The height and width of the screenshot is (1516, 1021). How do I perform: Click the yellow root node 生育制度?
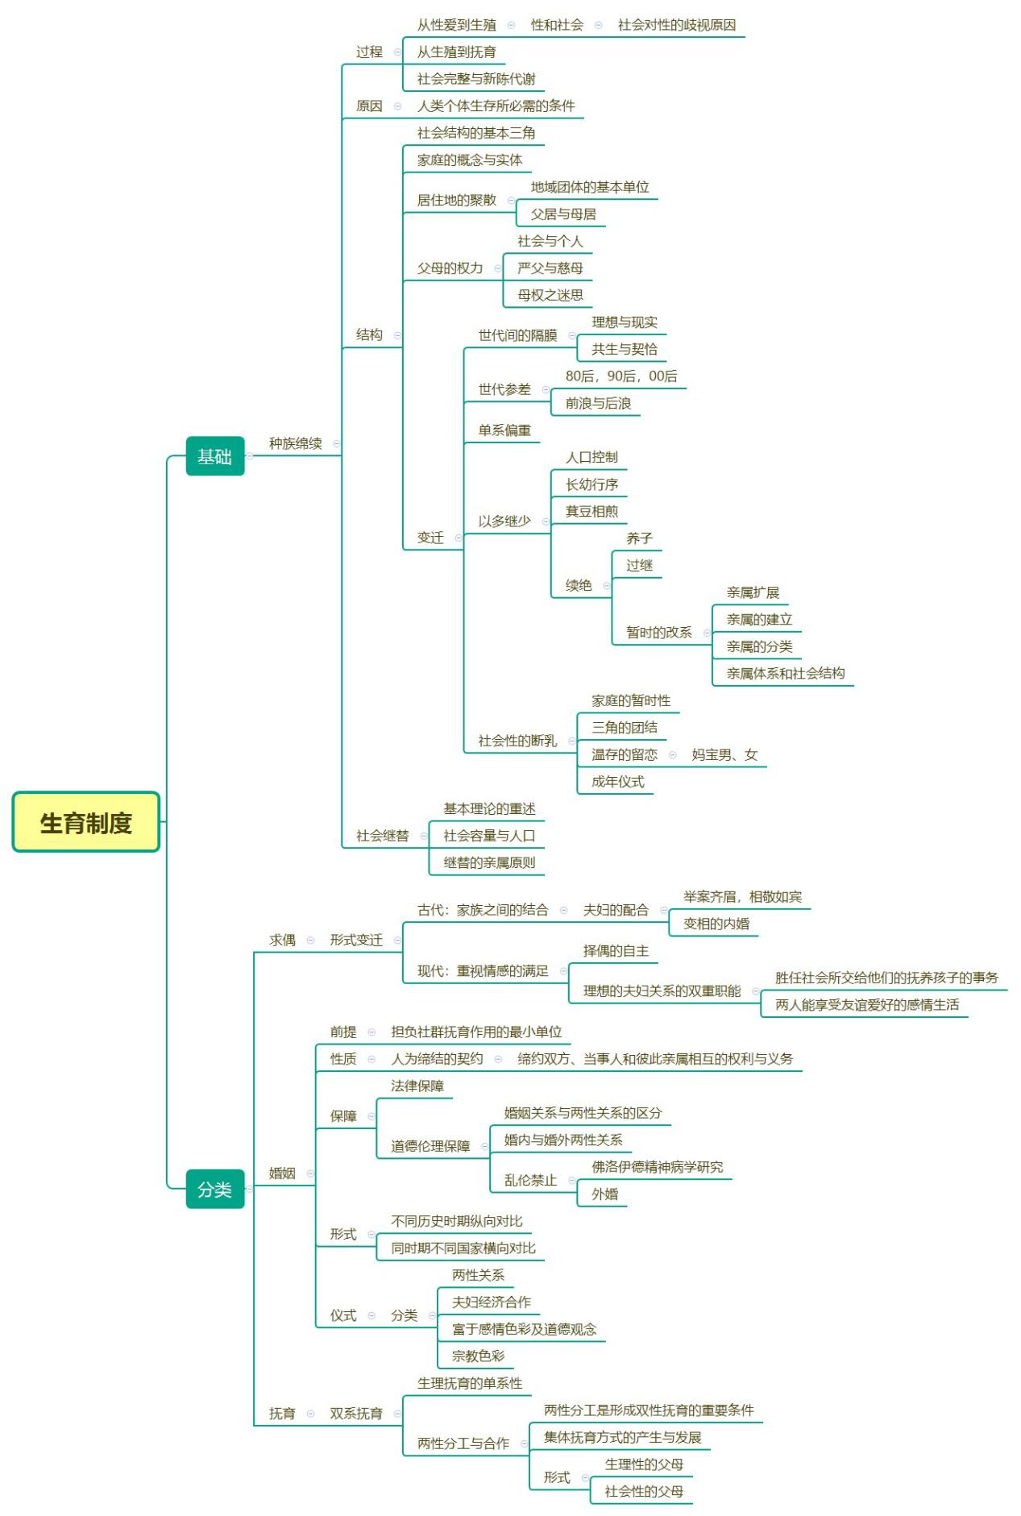pos(85,822)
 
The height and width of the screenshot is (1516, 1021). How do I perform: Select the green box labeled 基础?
pos(214,456)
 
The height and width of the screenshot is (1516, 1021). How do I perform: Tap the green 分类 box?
pos(214,1189)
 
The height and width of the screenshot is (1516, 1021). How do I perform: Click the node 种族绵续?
pos(295,442)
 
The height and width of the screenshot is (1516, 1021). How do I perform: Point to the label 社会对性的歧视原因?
pos(676,25)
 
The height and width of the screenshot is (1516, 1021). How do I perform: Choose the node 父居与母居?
pos(563,214)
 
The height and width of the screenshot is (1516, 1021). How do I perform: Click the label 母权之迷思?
pos(550,295)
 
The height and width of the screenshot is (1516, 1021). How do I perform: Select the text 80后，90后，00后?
pos(621,376)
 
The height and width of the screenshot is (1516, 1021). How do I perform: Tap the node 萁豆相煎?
pos(591,511)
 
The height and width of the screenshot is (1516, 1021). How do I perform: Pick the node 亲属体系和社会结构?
pos(785,673)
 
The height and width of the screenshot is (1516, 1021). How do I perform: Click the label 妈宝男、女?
pos(724,754)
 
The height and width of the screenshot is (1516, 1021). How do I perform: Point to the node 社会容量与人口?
pos(488,836)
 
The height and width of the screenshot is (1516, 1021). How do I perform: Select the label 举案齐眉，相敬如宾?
pos(742,896)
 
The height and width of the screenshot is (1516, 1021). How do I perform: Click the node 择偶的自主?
pos(616,951)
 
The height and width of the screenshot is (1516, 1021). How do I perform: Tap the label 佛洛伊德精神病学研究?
pos(657,1167)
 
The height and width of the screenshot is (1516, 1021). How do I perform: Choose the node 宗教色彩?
pos(478,1356)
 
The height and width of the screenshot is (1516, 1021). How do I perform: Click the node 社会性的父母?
pos(644,1491)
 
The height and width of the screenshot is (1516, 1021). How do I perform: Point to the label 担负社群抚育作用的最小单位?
pos(476,1032)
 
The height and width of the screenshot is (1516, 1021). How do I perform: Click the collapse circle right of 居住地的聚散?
pos(511,200)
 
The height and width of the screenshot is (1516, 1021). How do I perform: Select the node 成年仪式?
pos(617,781)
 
